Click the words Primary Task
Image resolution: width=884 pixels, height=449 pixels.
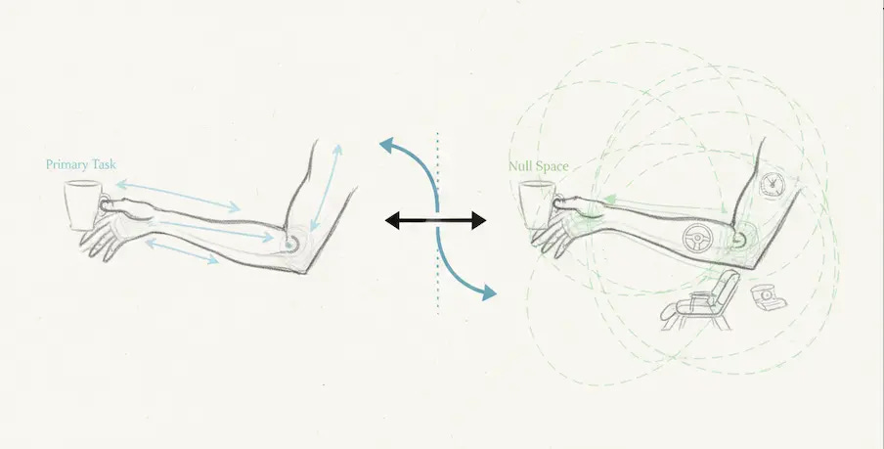pos(81,164)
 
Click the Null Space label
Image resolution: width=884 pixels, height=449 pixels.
pos(539,165)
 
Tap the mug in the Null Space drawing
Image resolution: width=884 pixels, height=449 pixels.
pos(534,207)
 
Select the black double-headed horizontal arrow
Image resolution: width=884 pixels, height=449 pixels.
pos(435,221)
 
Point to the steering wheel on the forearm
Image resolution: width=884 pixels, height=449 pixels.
pos(696,237)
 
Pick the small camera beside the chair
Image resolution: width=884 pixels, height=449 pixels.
pos(765,294)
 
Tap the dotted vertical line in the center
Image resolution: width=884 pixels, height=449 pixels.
pos(438,284)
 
